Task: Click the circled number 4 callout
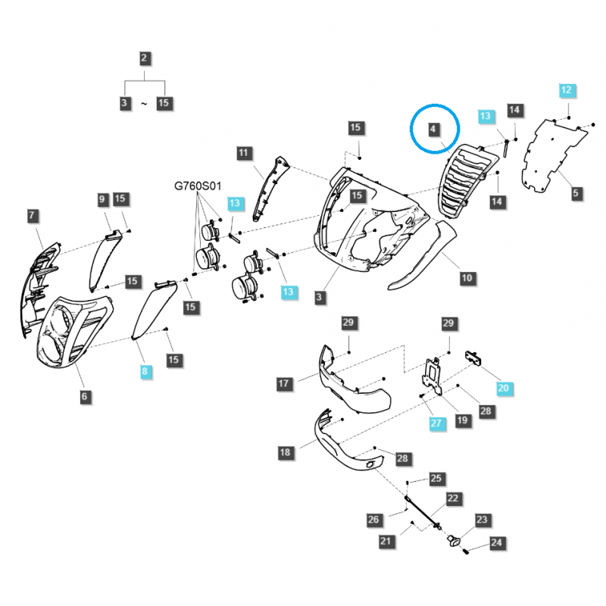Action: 433,129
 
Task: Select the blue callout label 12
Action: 566,90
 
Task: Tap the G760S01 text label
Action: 198,186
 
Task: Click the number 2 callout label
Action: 144,58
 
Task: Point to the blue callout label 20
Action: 503,388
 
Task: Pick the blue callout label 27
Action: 436,423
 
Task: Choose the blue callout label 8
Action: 145,371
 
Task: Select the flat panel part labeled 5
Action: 554,155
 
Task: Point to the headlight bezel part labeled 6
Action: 74,332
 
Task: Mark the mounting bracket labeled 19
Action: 433,376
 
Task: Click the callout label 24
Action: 497,542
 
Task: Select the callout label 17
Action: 283,383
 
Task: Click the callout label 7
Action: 32,216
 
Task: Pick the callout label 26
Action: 373,520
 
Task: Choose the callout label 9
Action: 102,199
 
